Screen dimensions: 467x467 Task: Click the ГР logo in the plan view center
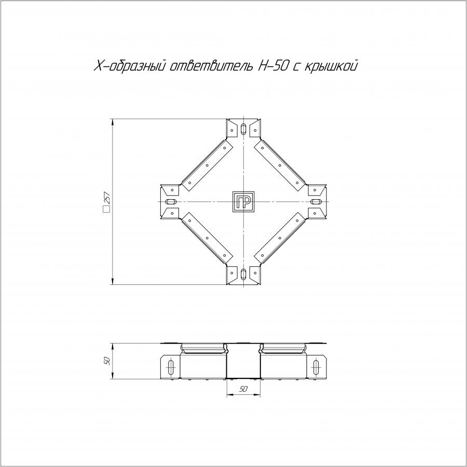pyautogui.click(x=243, y=202)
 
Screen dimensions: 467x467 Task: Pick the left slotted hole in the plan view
pyautogui.click(x=171, y=202)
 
